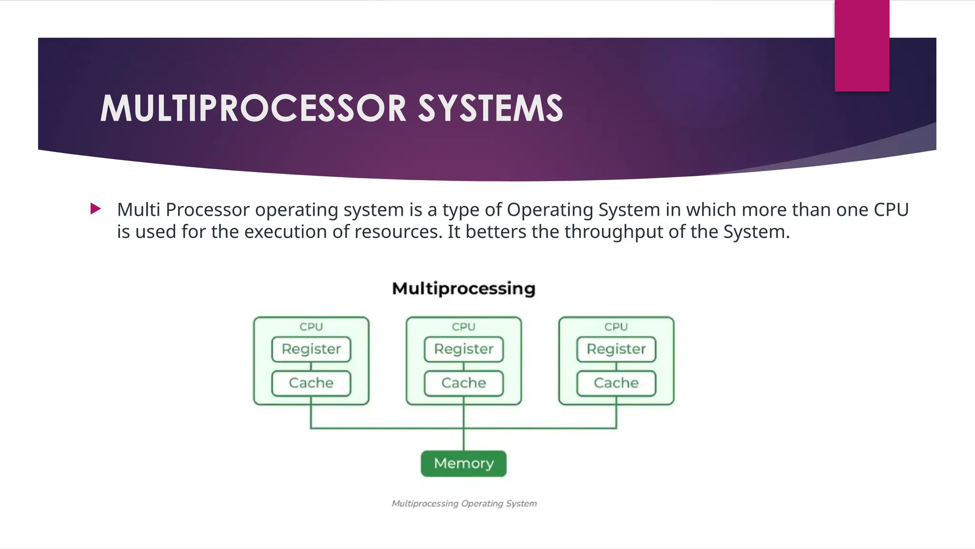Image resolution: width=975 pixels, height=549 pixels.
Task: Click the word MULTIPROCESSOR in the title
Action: click(x=253, y=108)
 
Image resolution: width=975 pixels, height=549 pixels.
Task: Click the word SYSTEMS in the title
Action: click(x=490, y=108)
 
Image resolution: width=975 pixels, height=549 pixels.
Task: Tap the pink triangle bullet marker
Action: click(x=95, y=209)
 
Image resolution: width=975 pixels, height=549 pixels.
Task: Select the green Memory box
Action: click(x=464, y=463)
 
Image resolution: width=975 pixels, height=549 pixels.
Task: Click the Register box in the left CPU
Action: click(x=311, y=349)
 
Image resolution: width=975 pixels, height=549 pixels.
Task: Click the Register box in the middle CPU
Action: click(x=464, y=349)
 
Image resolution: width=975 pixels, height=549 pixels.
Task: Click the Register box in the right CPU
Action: click(x=616, y=349)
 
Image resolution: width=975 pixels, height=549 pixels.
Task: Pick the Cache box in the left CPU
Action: click(x=311, y=383)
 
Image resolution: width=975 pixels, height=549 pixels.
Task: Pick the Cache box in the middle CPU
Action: click(x=464, y=383)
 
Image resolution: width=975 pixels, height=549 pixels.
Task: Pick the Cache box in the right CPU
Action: click(x=616, y=383)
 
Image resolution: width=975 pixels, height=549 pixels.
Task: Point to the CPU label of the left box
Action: click(x=311, y=327)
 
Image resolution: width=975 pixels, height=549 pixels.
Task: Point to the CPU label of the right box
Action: click(x=616, y=327)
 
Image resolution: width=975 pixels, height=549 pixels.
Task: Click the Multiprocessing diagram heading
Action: click(x=464, y=289)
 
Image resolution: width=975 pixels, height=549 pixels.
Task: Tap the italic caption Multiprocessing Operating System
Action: click(x=464, y=504)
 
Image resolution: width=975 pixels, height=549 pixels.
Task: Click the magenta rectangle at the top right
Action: click(x=862, y=45)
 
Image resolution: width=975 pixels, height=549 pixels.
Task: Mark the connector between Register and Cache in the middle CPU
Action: click(x=464, y=366)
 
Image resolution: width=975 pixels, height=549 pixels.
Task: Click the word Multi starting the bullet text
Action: click(x=138, y=210)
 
